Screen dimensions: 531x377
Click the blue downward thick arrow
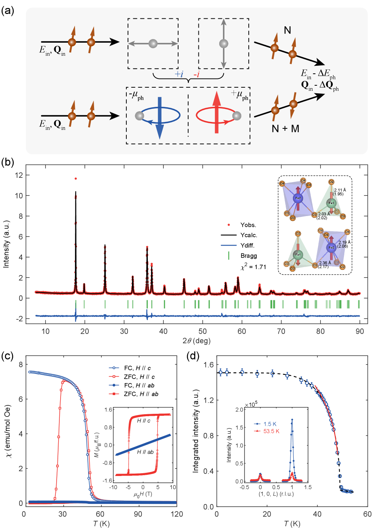click(159, 118)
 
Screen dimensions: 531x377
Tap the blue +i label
click(179, 74)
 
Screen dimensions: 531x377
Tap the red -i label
click(196, 74)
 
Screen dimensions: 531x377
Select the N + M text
click(285, 128)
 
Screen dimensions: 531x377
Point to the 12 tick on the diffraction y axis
click(19, 175)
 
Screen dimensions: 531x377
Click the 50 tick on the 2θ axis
click(202, 332)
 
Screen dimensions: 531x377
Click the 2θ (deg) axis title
click(196, 341)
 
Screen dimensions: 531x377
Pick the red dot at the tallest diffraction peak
click(76, 179)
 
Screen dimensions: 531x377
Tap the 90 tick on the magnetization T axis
click(138, 514)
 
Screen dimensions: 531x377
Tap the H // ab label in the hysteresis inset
click(145, 452)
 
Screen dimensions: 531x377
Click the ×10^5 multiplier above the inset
click(251, 405)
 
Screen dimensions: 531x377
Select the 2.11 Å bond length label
click(340, 190)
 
